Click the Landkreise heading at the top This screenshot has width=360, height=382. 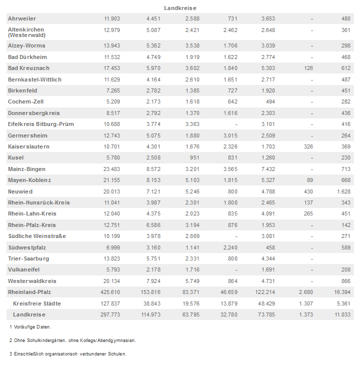click(x=180, y=8)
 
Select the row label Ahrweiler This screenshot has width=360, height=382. click(x=22, y=18)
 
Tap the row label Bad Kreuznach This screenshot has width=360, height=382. click(x=29, y=68)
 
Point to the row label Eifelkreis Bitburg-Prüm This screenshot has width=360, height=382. click(x=41, y=124)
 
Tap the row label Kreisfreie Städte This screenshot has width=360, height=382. click(x=37, y=303)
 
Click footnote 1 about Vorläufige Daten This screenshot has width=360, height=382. click(x=30, y=326)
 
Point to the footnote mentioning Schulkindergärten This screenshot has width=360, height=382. click(x=72, y=340)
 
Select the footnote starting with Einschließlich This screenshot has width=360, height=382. click(x=67, y=353)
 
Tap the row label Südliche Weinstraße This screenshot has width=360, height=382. click(x=37, y=236)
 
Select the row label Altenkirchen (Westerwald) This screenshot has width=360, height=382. click(x=26, y=32)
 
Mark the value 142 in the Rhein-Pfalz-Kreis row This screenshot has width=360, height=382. click(x=345, y=225)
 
